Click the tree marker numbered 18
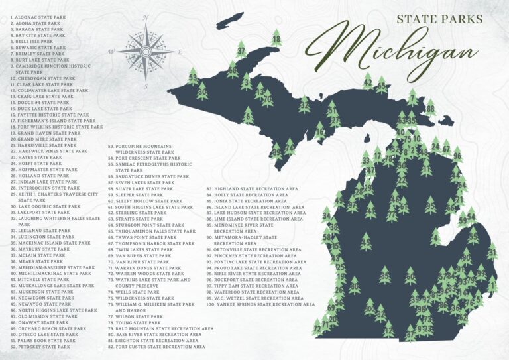point(276,39)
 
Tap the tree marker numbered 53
point(192,77)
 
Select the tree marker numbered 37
point(241,50)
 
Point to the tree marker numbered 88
point(430,109)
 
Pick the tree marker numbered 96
point(457,156)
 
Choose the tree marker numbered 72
point(317,327)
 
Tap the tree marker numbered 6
point(249,117)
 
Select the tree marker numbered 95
point(430,206)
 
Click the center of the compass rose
point(145,50)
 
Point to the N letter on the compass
point(145,23)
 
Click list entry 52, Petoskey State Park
point(39,347)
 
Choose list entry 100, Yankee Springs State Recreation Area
point(260,304)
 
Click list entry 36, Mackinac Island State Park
point(50,243)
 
